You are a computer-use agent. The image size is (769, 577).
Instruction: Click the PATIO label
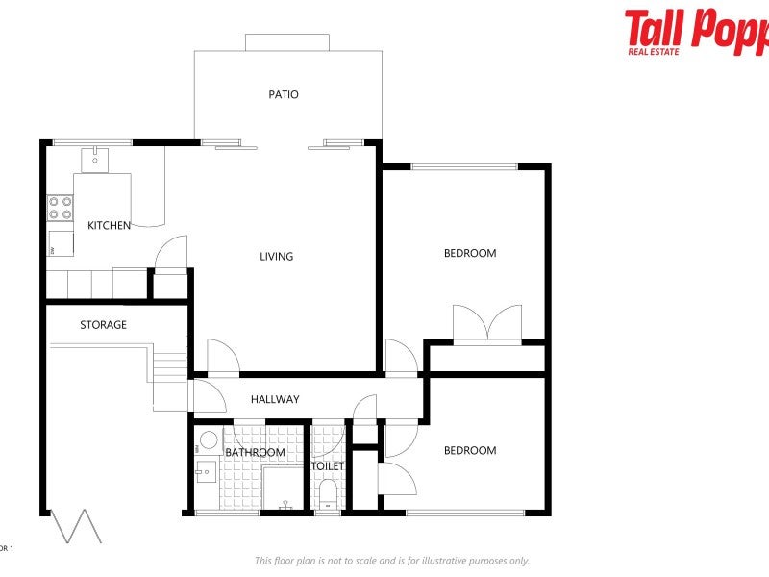[283, 94]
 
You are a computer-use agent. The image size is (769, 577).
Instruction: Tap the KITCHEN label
[109, 225]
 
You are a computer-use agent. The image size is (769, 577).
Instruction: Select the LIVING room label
[276, 256]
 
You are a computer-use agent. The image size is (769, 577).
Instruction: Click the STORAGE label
[103, 325]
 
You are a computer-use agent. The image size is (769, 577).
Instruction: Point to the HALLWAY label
[275, 399]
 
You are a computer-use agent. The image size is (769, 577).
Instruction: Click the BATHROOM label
[255, 452]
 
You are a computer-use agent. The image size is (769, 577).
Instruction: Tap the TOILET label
[328, 466]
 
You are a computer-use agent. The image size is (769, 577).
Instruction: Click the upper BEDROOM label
[469, 253]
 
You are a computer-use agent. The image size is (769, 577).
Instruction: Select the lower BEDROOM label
[469, 450]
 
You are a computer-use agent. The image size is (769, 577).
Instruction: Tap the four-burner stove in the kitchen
[61, 209]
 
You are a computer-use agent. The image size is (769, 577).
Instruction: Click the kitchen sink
[93, 159]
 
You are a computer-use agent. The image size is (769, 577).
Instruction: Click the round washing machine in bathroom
[207, 441]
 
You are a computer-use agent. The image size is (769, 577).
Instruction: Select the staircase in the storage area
[169, 366]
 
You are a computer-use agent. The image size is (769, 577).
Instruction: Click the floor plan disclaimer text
[391, 561]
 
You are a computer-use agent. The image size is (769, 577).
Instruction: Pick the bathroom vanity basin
[205, 471]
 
